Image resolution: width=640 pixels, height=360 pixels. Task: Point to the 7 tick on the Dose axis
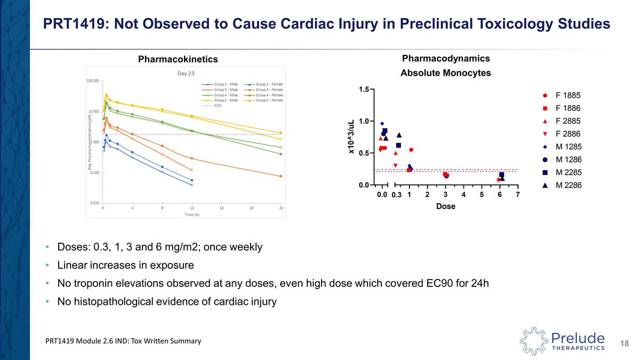tap(518, 195)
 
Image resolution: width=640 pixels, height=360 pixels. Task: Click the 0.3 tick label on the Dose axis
tap(396, 195)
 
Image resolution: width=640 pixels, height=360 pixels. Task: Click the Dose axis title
tap(445, 206)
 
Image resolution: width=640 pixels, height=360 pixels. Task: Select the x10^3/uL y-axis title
tap(351, 137)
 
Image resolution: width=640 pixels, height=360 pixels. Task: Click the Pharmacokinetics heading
tap(178, 59)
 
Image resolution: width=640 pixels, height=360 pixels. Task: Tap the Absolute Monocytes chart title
tap(445, 73)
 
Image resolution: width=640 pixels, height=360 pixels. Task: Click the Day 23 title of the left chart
tap(186, 73)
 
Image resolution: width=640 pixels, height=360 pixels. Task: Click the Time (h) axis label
tap(193, 214)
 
